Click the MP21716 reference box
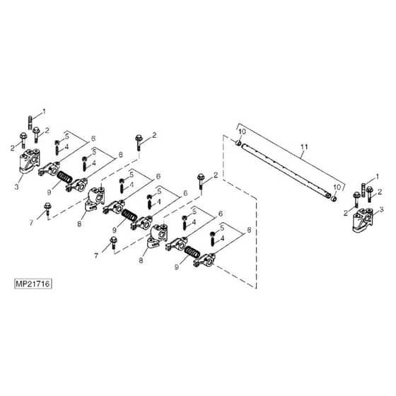33,284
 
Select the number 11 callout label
304,147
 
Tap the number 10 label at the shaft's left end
242,132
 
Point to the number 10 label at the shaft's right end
337,187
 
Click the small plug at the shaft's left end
238,144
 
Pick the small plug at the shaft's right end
333,199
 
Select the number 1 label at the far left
44,111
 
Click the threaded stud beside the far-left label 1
30,122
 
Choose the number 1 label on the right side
378,177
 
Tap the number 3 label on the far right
381,209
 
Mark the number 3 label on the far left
17,187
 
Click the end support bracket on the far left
30,161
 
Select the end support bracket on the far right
363,220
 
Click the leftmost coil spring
65,177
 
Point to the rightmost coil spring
192,252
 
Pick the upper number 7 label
31,223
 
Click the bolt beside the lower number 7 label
113,243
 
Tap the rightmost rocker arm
204,261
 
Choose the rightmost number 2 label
380,192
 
